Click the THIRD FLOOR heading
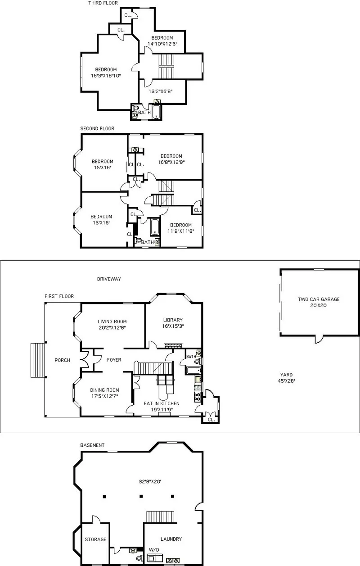tap(103, 3)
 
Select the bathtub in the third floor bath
tap(156, 112)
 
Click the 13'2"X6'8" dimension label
tap(161, 91)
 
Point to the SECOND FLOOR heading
tap(97, 129)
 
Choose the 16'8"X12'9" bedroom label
tap(171, 159)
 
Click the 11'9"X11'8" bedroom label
tap(180, 228)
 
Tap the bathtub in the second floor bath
tap(154, 226)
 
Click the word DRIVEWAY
tap(109, 279)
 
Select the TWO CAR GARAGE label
tap(319, 302)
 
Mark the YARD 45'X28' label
tap(286, 377)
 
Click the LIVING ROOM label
tap(112, 325)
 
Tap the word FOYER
tap(114, 360)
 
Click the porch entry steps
tap(38, 360)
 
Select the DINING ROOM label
tap(104, 393)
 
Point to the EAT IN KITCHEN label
tap(161, 407)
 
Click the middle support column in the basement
tap(141, 496)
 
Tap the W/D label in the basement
tap(153, 550)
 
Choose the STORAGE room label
tap(95, 539)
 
